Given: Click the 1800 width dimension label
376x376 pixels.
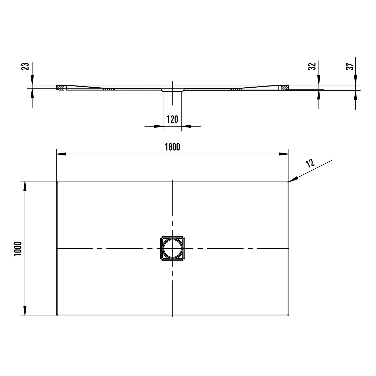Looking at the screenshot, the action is (x=172, y=147).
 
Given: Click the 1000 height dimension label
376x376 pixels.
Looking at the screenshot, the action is (x=18, y=249).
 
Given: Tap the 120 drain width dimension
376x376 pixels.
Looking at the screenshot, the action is (x=173, y=119).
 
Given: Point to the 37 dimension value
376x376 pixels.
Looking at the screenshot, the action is (x=350, y=66).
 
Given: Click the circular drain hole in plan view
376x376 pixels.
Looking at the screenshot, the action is (x=173, y=248).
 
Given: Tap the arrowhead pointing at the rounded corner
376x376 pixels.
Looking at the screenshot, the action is (x=293, y=179).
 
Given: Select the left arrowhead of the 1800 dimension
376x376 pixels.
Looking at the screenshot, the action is (x=61, y=154).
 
